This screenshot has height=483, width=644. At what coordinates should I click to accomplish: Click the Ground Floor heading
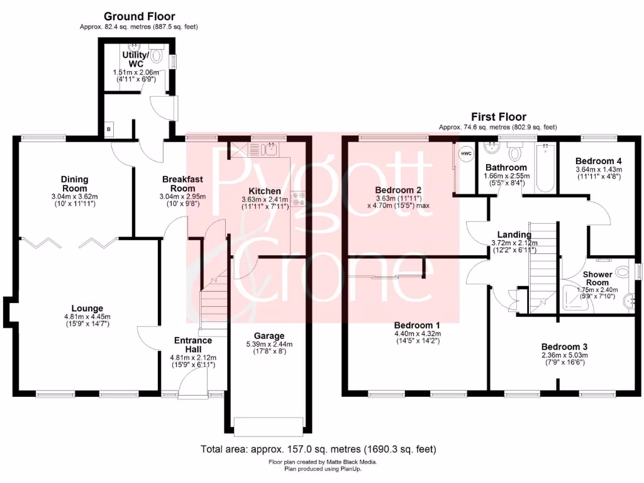coord(139,16)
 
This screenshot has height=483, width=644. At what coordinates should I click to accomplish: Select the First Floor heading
coord(499,117)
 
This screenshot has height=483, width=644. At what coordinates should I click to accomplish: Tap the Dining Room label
coord(75,184)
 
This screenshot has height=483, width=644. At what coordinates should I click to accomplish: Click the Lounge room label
coord(87,308)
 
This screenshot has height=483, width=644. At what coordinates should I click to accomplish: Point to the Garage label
coord(269,336)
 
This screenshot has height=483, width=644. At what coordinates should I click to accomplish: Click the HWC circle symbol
coord(466,154)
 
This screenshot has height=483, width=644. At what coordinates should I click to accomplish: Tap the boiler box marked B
coord(108,130)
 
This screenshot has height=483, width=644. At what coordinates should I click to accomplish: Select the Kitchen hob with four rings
coord(298,199)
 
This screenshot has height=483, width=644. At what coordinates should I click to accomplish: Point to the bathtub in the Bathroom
coord(545,168)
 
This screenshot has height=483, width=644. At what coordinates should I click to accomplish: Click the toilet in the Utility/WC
coord(157,57)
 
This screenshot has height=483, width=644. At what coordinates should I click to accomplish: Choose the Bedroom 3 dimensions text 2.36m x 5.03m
coord(565,355)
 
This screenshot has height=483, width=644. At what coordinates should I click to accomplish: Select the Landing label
coord(514,235)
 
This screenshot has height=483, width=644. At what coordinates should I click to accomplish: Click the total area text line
coord(318,449)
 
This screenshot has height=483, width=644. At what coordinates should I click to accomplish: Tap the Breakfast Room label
coord(183,184)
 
